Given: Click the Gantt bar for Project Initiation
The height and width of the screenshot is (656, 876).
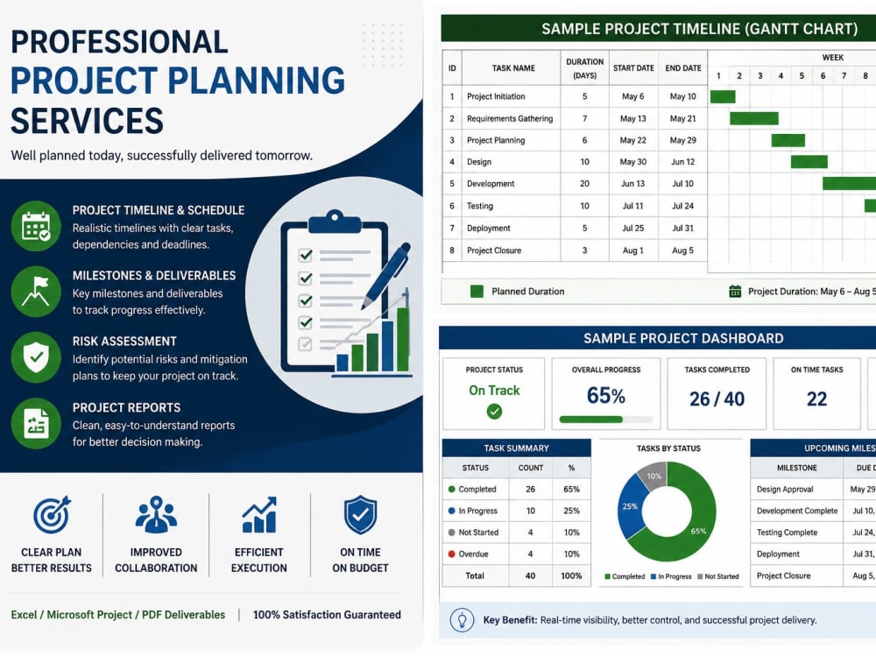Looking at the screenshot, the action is coord(723,96).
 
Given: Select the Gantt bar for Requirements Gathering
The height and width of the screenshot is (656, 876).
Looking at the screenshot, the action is coord(753,118).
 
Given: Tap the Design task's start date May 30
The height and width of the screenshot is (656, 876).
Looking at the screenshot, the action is coord(633,162).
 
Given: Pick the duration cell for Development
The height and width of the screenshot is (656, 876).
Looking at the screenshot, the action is coord(584,183).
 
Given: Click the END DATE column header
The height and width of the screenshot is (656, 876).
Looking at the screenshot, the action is coord(682,68).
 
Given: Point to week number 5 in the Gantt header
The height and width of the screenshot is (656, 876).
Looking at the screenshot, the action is coord(802,75).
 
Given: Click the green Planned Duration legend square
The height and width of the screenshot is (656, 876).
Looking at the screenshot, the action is coord(477,291).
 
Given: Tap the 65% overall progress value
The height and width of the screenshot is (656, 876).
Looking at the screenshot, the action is coord(605,396).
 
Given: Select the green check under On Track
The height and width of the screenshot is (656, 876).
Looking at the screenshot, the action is coord(494,412).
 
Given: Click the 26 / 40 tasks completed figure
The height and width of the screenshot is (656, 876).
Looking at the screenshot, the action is coord(717,399).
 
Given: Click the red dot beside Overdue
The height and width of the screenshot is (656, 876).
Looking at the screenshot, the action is coord(451,554).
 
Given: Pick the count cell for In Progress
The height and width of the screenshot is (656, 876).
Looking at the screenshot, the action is coord(530,511).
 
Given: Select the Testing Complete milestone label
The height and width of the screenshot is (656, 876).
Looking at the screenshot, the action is coord(787,533).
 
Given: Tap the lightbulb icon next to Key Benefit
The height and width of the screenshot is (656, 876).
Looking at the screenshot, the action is coord(462,620).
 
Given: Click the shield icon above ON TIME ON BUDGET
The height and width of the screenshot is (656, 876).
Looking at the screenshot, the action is coord(360,515).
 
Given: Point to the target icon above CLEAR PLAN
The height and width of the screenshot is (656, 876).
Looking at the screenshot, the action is coord(52,514).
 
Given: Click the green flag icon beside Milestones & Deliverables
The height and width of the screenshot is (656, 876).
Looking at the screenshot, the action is coord(36,291).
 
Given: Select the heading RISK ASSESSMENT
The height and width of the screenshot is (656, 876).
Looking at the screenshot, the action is coord(124,342).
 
